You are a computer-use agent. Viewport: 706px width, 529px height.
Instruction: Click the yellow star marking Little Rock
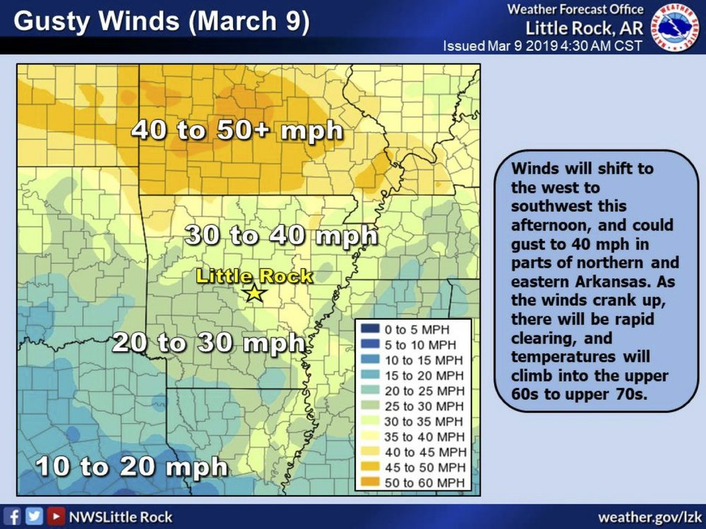253,293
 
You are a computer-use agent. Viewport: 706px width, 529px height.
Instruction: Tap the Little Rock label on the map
253,276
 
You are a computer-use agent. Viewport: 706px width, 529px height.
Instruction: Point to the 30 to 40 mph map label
281,236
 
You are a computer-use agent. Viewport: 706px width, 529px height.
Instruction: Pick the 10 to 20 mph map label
132,466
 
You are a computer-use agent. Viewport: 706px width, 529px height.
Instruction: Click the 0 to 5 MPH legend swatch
369,329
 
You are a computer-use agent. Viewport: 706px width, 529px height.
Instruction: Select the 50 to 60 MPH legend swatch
369,482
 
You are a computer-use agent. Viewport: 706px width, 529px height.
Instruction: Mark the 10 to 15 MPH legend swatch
369,360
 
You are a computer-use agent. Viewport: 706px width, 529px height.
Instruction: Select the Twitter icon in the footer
34,517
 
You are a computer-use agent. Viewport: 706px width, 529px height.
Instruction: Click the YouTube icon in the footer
54,517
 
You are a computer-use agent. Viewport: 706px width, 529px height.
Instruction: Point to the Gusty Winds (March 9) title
161,21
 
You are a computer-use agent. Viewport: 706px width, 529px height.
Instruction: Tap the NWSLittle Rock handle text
120,517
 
